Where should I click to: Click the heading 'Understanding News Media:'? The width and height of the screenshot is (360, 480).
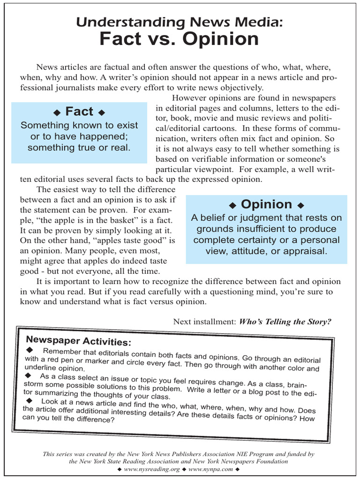click(x=180, y=22)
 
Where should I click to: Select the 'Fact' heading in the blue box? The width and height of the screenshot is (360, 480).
click(x=79, y=112)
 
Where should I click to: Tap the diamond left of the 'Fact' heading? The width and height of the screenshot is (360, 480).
click(x=57, y=112)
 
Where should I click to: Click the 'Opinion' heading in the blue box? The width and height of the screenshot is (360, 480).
click(x=266, y=204)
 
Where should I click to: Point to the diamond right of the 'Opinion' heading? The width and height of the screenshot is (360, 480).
click(x=300, y=205)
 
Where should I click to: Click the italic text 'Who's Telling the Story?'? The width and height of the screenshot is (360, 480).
click(x=285, y=322)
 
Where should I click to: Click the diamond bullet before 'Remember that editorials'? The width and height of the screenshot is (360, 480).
click(x=30, y=350)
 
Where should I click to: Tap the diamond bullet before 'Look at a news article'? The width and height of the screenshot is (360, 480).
click(x=30, y=400)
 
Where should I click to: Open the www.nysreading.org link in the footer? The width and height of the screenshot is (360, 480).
click(x=151, y=469)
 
